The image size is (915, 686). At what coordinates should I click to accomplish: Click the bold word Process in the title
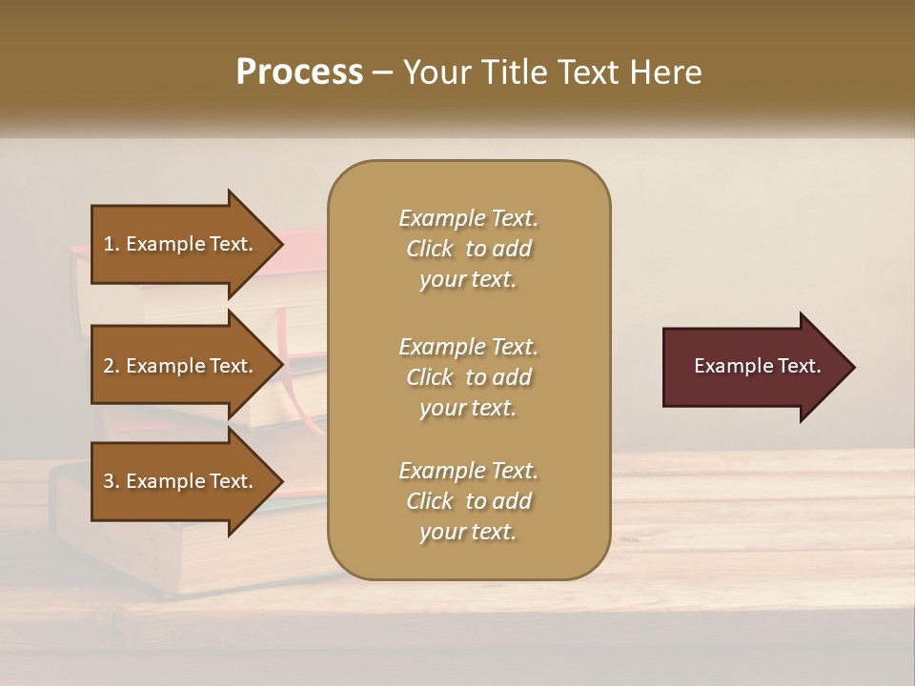299,72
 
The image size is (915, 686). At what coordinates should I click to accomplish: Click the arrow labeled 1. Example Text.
181,244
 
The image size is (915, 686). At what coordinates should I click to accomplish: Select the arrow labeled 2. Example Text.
181,366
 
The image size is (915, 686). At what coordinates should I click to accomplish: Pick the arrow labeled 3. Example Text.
181,481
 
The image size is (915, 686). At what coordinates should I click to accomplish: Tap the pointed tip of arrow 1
280,244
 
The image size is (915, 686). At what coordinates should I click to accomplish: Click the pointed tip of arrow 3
280,481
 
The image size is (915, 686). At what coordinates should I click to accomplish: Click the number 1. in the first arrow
112,244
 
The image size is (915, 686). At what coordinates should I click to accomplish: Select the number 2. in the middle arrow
112,366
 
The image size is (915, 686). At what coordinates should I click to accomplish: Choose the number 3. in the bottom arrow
112,481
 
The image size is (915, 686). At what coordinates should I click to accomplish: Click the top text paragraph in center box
468,249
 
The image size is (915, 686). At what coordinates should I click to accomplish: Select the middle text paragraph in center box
468,377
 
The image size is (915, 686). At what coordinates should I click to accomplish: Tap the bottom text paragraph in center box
468,501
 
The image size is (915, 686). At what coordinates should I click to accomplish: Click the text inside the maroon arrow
757,366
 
